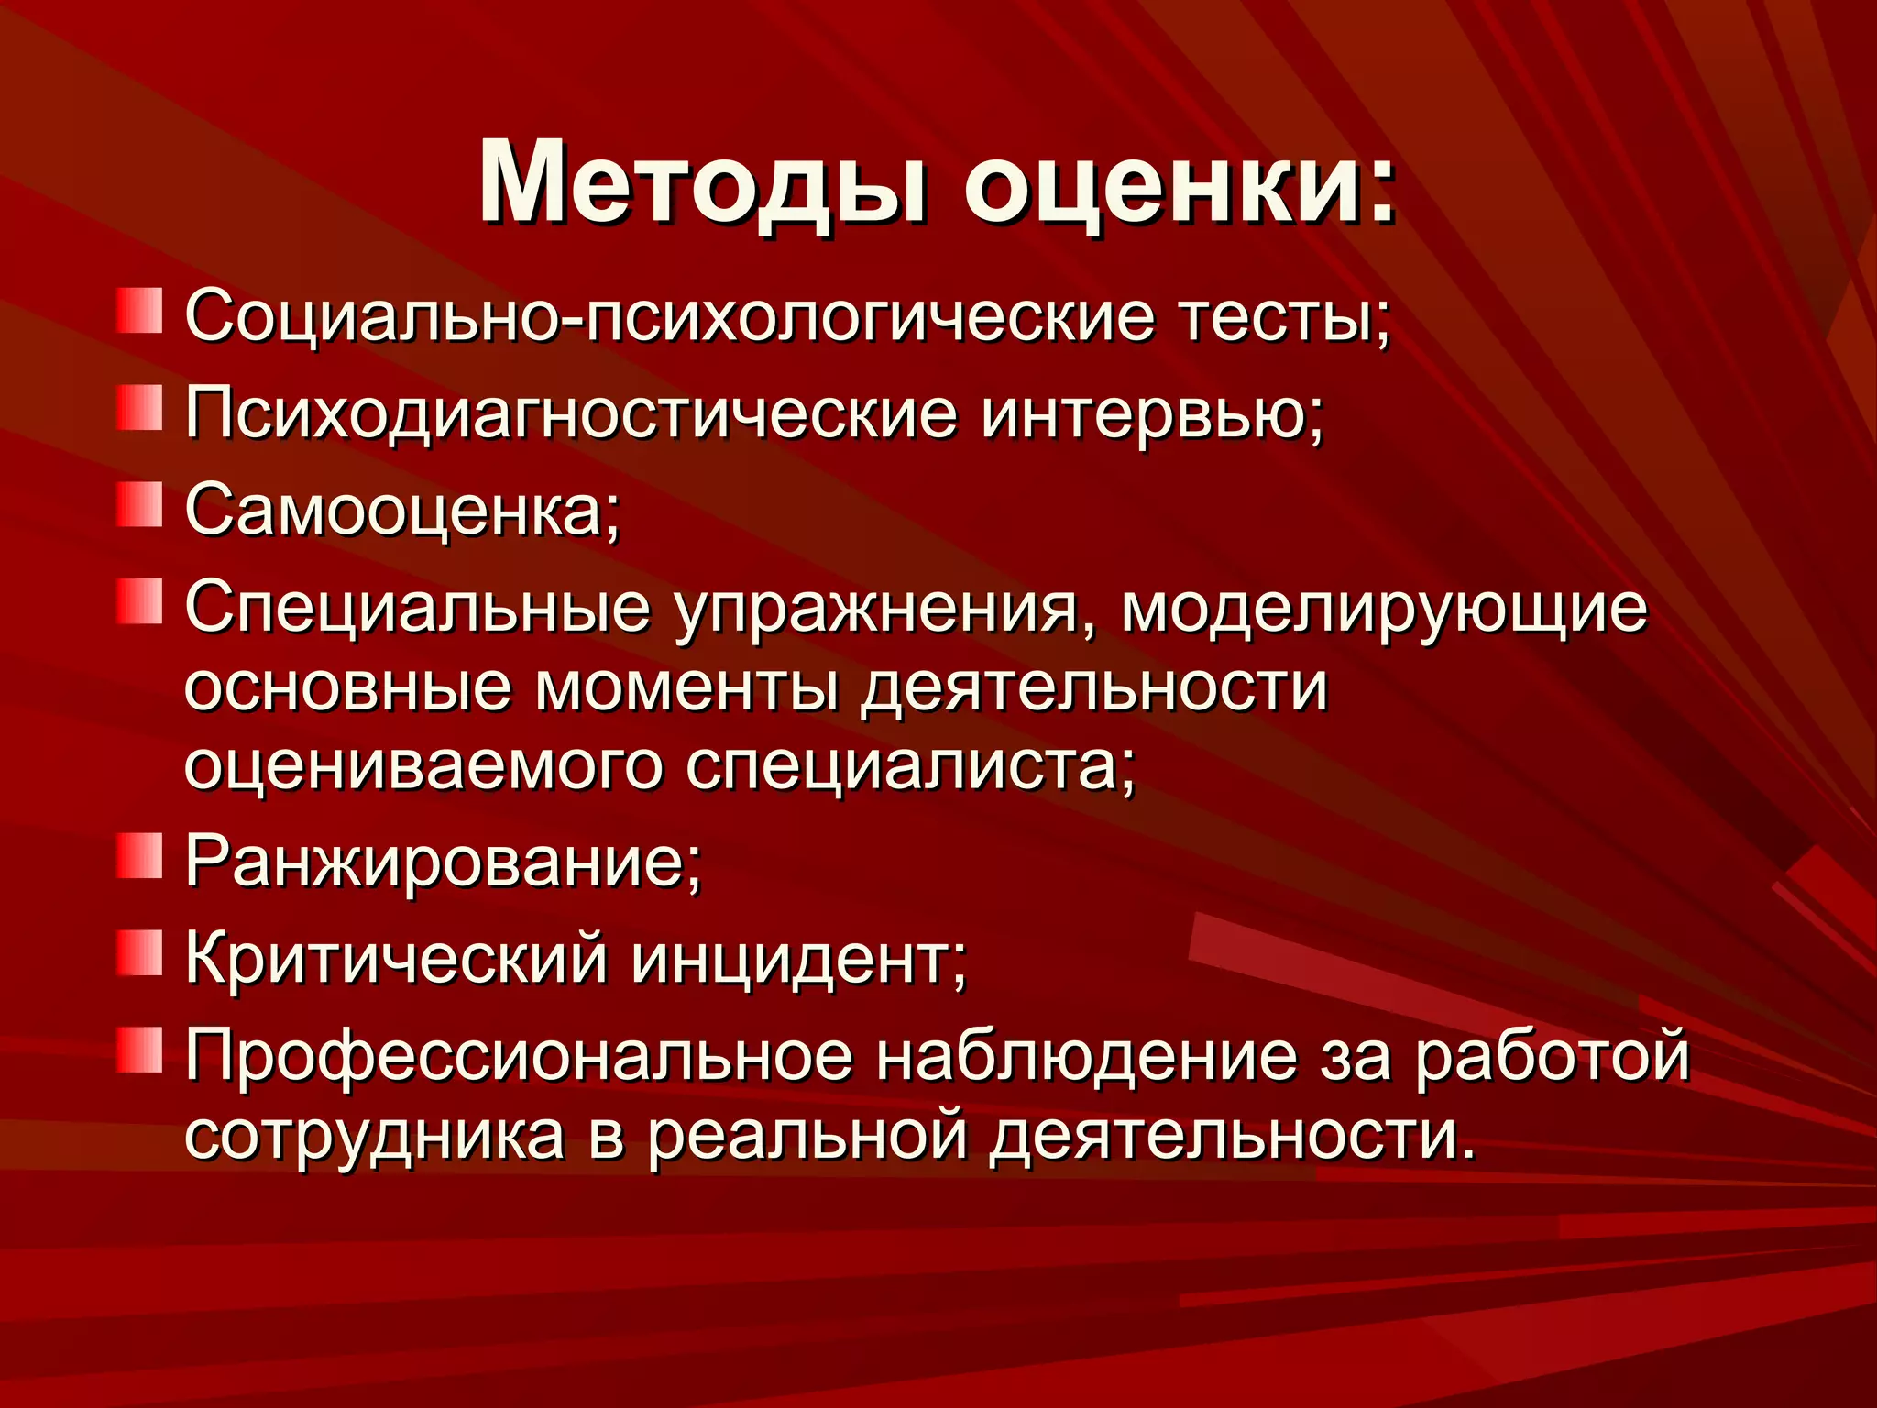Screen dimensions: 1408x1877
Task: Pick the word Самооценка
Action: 402,510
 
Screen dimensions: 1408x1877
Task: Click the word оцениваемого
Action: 423,765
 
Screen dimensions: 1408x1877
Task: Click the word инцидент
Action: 798,958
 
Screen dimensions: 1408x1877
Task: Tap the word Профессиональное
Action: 519,1055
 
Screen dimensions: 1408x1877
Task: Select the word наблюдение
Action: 1086,1055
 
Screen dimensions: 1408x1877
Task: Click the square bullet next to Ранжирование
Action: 139,856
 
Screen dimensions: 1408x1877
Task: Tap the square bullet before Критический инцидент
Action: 139,952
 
